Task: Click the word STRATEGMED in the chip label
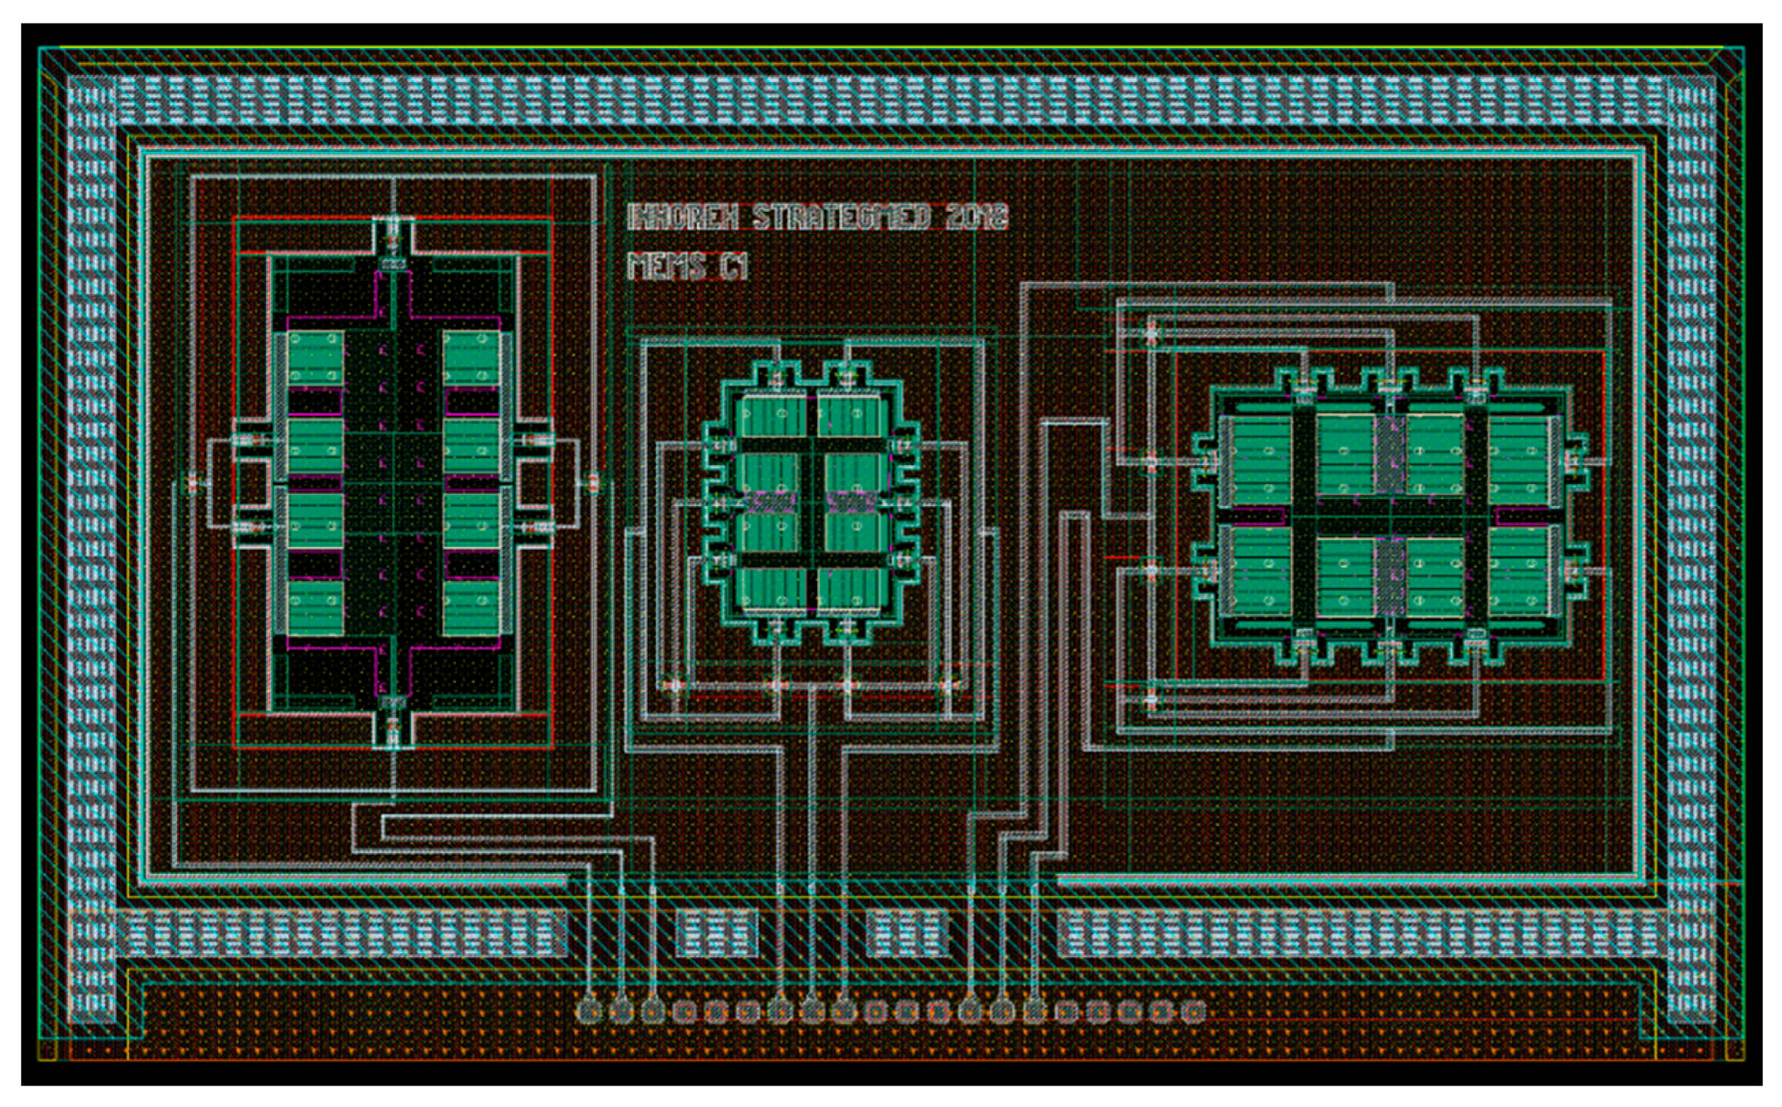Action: click(841, 218)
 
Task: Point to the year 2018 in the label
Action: click(976, 218)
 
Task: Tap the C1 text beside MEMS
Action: click(734, 267)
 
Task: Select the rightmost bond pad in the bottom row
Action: click(1195, 1011)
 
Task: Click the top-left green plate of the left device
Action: click(315, 359)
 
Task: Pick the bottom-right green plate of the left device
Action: click(471, 606)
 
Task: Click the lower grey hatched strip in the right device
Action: click(1390, 576)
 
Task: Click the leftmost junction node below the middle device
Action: click(673, 685)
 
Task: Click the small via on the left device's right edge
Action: click(593, 482)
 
